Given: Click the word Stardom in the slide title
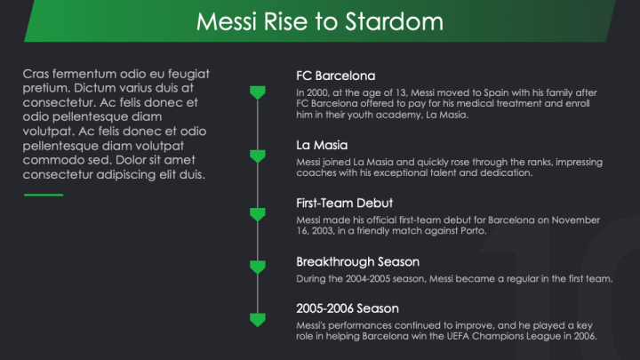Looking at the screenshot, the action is [x=395, y=21].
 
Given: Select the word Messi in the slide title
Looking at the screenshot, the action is [x=227, y=21].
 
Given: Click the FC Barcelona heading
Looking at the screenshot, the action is [x=335, y=76].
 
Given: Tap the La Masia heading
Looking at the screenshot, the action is [x=322, y=145].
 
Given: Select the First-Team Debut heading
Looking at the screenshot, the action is [x=345, y=204].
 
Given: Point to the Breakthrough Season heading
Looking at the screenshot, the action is [x=357, y=262].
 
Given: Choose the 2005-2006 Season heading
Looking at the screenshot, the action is [x=348, y=308].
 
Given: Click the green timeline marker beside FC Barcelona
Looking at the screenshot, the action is [x=258, y=92].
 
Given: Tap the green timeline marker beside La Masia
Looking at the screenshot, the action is [x=258, y=156].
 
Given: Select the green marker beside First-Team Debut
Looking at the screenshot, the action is [x=258, y=215].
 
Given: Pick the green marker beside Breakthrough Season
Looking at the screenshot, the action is [x=258, y=267].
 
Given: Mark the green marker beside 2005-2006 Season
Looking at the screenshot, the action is [x=258, y=320].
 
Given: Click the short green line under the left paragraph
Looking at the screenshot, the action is [x=44, y=195].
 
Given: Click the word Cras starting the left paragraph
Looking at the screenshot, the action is [x=36, y=74].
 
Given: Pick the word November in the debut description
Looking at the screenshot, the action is [x=575, y=220].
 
